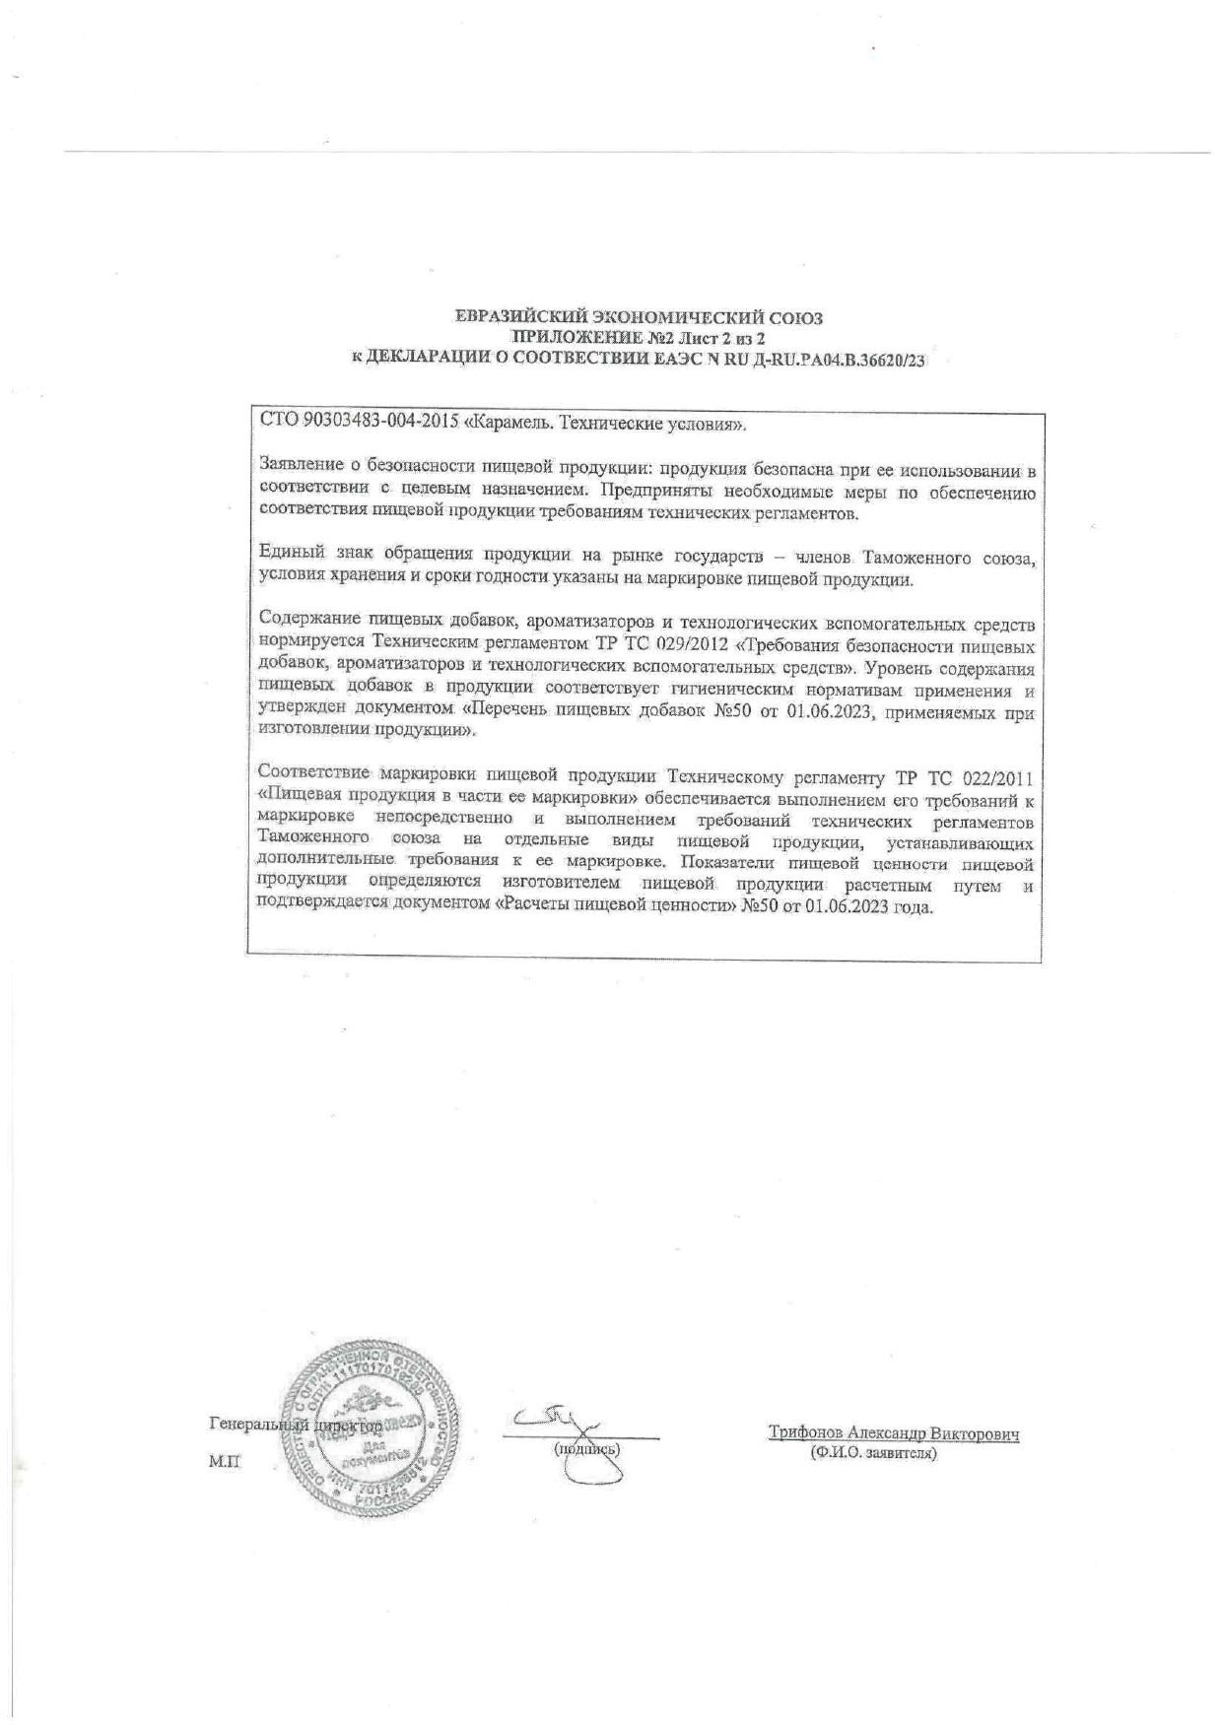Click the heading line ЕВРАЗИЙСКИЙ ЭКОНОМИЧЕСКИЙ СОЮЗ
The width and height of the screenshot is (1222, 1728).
point(639,318)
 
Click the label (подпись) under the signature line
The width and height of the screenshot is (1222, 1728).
point(587,1449)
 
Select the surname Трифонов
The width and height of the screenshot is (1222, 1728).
point(806,1434)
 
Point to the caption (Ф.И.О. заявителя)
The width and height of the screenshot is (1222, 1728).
point(871,1454)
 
